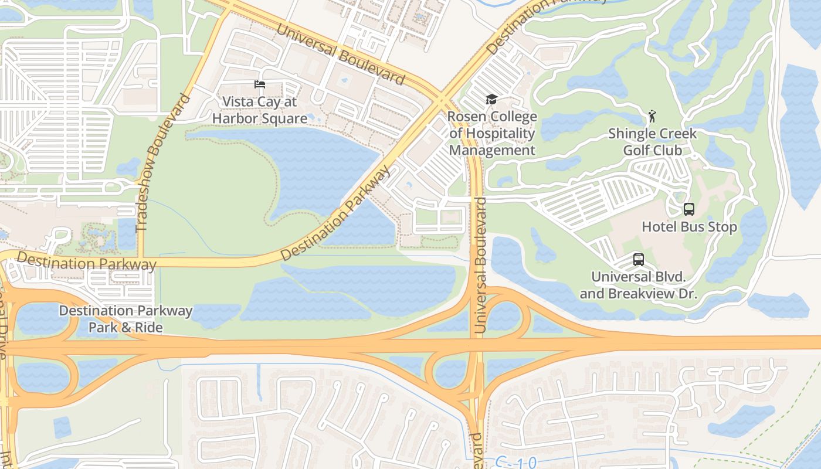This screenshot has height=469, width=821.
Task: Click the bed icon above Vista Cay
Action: click(259, 84)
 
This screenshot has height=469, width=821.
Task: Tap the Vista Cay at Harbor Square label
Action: click(259, 110)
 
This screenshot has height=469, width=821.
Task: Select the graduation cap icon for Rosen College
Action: click(491, 100)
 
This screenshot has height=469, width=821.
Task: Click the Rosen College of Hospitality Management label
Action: click(492, 133)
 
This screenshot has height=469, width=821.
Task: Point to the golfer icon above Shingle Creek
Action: click(652, 116)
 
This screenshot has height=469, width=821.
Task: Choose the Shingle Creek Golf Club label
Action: click(652, 142)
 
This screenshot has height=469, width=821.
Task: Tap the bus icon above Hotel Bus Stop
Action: click(689, 209)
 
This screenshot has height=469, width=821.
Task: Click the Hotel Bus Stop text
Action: click(689, 227)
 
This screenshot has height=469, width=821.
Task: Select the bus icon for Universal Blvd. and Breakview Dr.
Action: click(639, 260)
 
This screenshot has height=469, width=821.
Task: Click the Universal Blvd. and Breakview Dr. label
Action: click(639, 285)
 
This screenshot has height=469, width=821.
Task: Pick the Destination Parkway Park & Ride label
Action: click(125, 319)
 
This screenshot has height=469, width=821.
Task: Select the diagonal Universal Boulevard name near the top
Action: click(340, 53)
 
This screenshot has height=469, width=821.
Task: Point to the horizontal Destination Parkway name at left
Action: click(86, 261)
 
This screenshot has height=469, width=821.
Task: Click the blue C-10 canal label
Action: click(515, 462)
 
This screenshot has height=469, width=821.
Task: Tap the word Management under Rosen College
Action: click(492, 150)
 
